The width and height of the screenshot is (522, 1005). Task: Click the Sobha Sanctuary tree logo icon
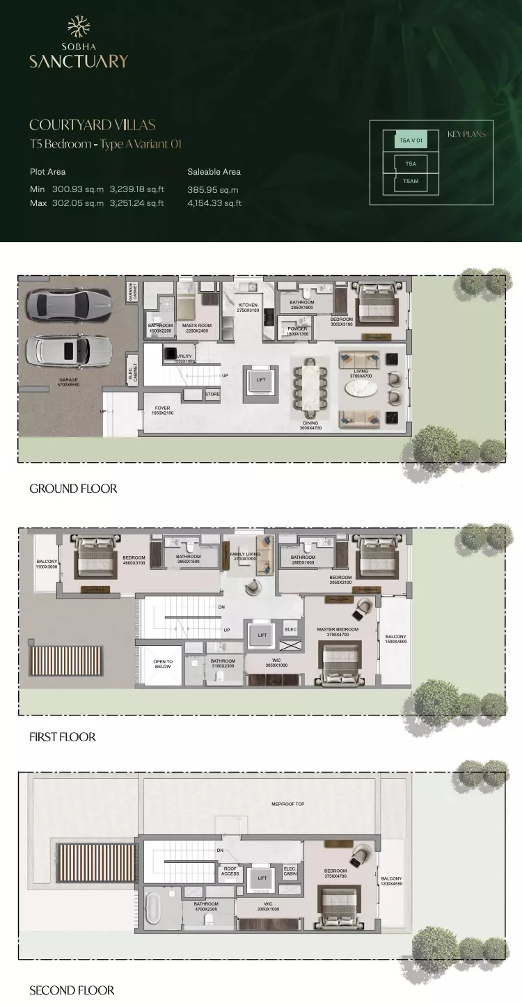(x=78, y=27)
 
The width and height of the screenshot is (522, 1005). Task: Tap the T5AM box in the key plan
(x=410, y=182)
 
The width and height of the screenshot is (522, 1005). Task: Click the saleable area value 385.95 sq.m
(x=213, y=189)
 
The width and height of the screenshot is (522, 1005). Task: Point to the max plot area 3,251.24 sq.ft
(x=136, y=203)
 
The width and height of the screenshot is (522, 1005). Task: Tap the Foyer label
(x=162, y=411)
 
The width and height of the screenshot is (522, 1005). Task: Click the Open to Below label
(x=163, y=664)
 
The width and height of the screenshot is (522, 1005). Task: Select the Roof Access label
(x=230, y=871)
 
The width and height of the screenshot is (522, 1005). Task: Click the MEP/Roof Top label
(x=287, y=804)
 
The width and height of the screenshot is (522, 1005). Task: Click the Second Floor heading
(x=72, y=990)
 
